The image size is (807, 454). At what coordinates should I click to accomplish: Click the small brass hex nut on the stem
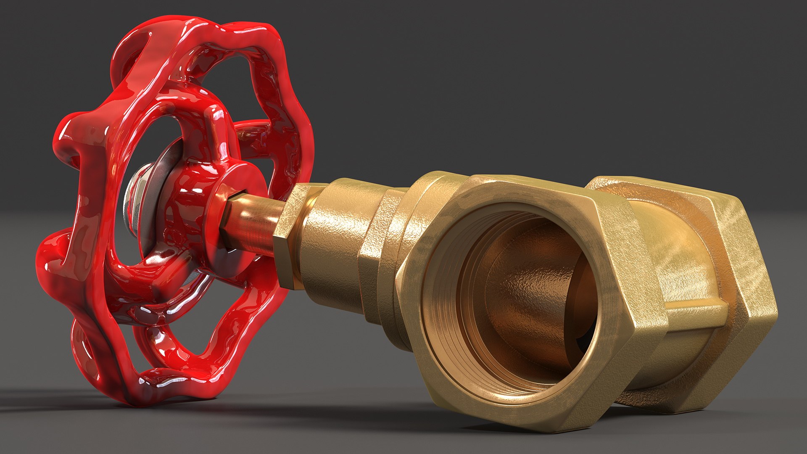(290, 235)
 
